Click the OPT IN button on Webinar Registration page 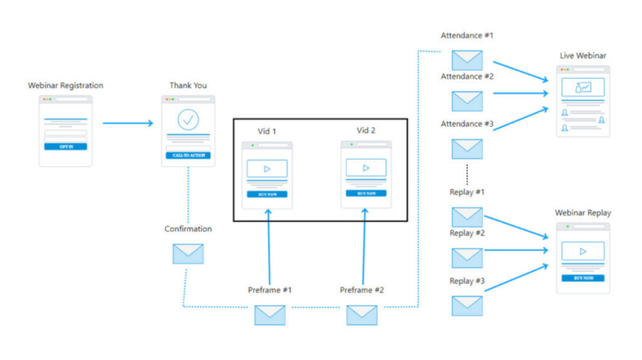(x=65, y=147)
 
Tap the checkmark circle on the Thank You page (x=188, y=119)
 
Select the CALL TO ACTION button (x=188, y=155)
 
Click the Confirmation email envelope (x=188, y=253)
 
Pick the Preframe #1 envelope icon (x=270, y=315)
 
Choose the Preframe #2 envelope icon (x=362, y=315)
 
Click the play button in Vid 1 (x=267, y=169)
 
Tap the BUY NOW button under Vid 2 (x=366, y=193)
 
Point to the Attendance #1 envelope (x=467, y=60)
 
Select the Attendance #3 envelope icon (x=467, y=149)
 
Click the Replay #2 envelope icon (x=467, y=258)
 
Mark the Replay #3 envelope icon (x=467, y=305)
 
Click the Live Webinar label (x=583, y=56)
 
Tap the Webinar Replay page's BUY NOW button (x=583, y=278)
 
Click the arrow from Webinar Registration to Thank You (x=128, y=123)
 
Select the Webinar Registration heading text (x=65, y=85)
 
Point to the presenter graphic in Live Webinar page (x=583, y=88)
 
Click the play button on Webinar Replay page (x=583, y=251)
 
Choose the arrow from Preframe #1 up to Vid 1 (x=269, y=248)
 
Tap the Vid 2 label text (x=366, y=130)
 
